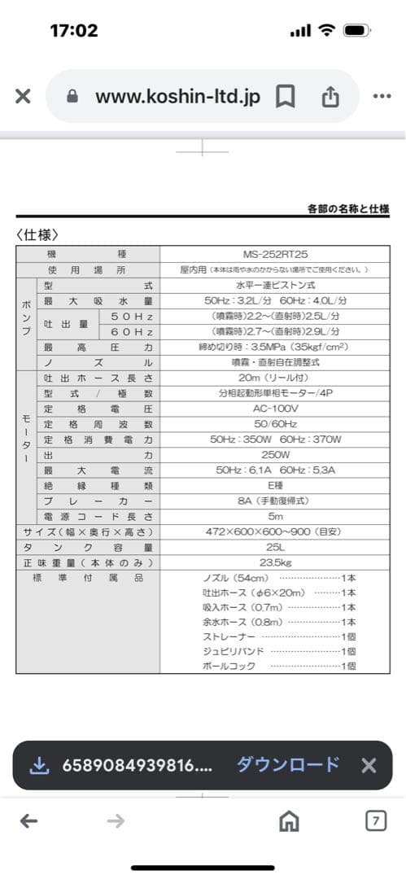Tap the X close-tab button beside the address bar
coord(23,97)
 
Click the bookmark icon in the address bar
coord(285,97)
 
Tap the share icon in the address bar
coord(330,97)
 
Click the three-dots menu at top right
coord(382,96)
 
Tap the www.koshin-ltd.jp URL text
coord(177,97)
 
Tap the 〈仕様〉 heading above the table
coord(37,235)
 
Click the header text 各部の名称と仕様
coord(348,209)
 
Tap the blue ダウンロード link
coord(288,765)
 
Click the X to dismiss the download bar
coord(369,765)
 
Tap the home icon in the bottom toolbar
coord(288,822)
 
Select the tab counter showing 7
coord(375,822)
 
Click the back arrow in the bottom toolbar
coord(29,822)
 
